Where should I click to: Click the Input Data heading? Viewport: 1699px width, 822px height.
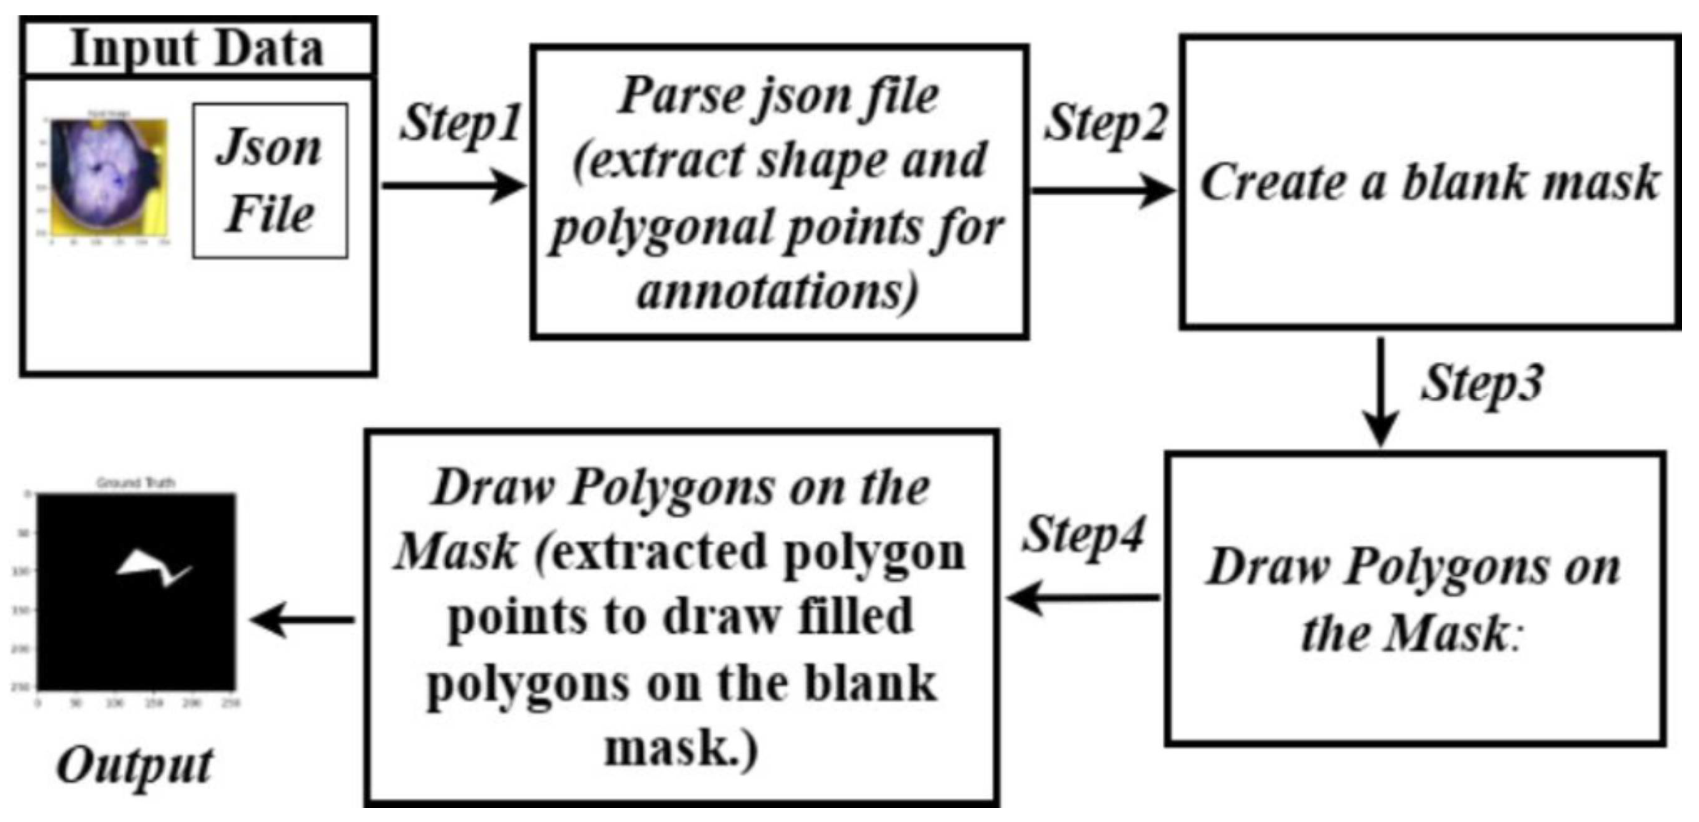point(196,49)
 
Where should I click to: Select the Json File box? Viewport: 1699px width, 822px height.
point(270,180)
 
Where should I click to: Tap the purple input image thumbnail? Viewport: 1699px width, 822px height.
point(109,177)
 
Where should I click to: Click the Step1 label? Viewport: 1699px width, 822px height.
point(460,123)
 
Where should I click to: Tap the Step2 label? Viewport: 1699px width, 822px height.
point(1105,123)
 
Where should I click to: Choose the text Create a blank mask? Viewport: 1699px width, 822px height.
point(1429,182)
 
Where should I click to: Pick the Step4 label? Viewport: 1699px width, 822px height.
point(1084,534)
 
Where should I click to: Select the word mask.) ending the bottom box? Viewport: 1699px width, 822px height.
point(681,749)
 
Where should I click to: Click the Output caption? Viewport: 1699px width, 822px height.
point(135,766)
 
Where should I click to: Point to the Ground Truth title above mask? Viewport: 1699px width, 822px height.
point(136,483)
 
